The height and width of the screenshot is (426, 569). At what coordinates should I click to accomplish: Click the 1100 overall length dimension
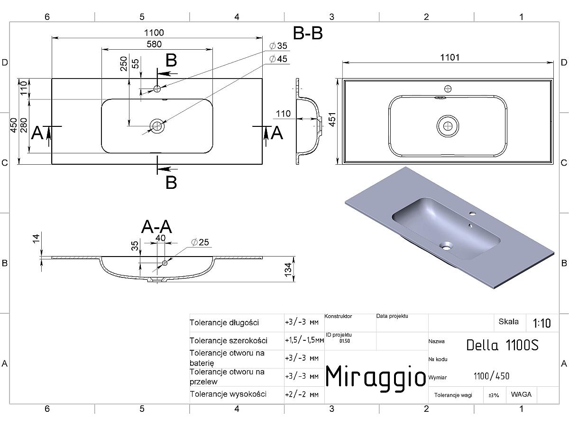click(x=154, y=33)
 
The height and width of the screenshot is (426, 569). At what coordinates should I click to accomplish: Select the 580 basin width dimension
click(x=154, y=44)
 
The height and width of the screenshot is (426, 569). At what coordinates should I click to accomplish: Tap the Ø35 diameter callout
click(x=278, y=46)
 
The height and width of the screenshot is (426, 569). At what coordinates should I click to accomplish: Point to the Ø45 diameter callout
click(x=278, y=59)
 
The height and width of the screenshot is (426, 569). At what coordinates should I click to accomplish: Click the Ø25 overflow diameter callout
click(x=200, y=242)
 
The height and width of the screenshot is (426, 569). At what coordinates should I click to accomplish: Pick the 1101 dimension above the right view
click(x=450, y=57)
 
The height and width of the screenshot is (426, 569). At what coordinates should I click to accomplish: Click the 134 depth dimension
click(x=288, y=270)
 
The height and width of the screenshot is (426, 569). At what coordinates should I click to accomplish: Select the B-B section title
click(x=308, y=33)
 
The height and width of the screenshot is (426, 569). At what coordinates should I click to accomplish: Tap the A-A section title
click(x=156, y=227)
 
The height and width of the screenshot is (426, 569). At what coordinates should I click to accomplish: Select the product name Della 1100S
click(x=502, y=345)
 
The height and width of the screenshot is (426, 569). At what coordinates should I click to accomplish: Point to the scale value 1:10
click(x=541, y=323)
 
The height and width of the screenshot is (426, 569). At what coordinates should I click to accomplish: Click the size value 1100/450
click(x=492, y=376)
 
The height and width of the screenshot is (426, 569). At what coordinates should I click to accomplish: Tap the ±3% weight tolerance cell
click(x=494, y=395)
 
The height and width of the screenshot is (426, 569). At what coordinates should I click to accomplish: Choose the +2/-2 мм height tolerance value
click(x=302, y=394)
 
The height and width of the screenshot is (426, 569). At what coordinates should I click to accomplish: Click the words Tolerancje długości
click(x=224, y=323)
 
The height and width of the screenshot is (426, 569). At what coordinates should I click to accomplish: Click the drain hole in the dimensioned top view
click(x=157, y=126)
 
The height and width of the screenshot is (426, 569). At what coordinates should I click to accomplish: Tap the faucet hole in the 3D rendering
click(x=472, y=213)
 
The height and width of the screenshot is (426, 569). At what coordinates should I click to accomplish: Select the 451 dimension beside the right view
click(x=332, y=120)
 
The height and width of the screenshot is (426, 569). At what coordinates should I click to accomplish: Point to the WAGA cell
click(x=521, y=394)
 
